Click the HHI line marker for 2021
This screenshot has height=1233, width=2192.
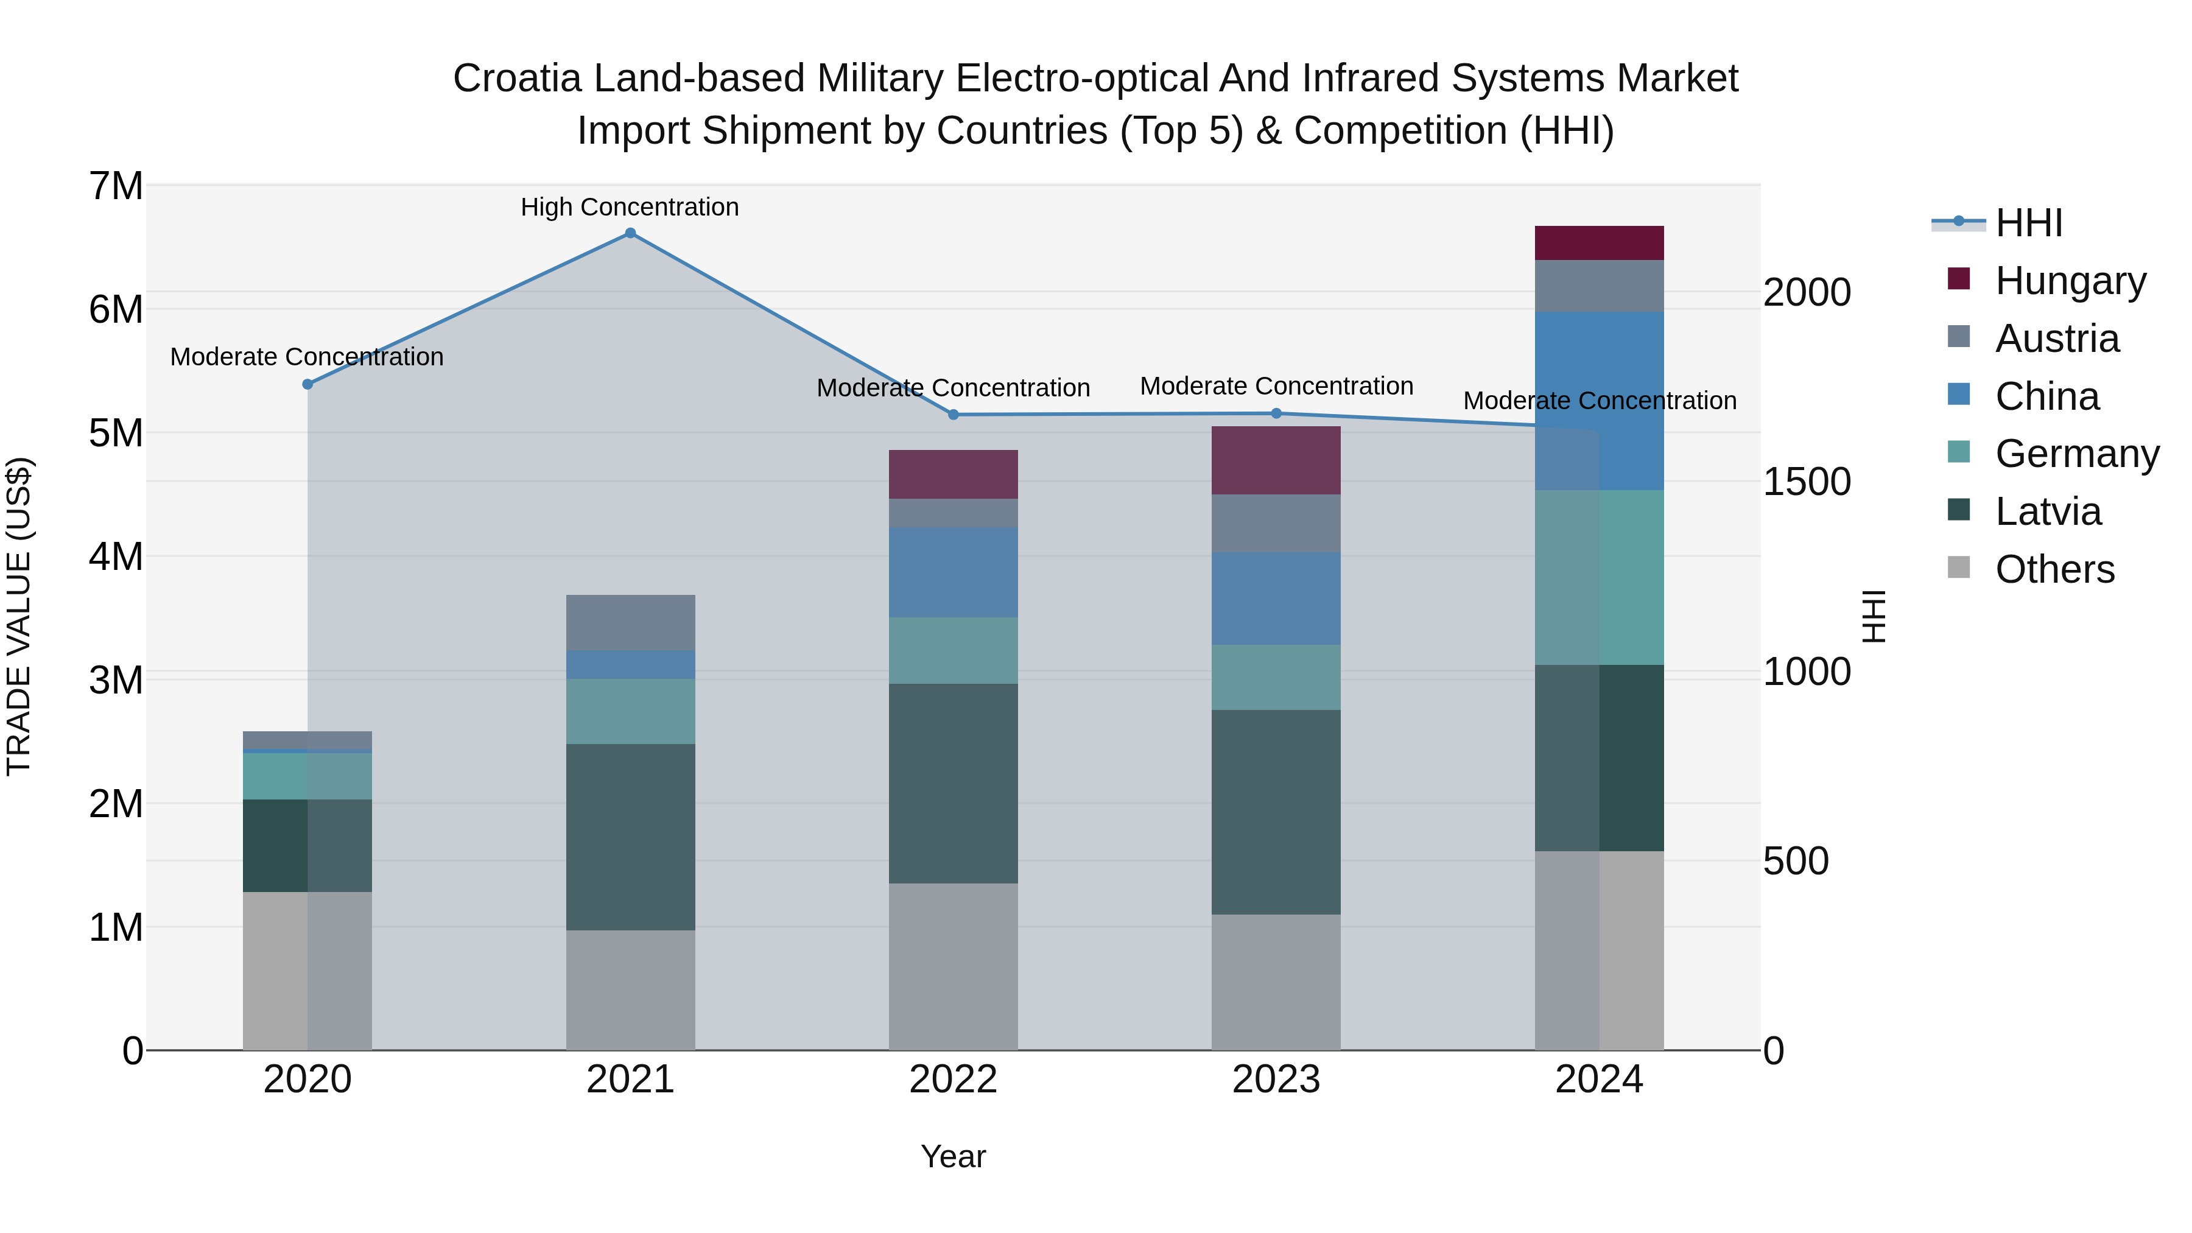point(630,233)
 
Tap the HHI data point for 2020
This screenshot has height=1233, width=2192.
point(308,384)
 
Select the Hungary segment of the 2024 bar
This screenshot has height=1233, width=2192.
point(1599,244)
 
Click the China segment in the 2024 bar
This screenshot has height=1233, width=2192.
point(1599,400)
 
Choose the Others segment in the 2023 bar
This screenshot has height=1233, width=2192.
point(1276,982)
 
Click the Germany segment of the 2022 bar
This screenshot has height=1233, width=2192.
point(953,650)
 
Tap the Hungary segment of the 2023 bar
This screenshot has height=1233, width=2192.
point(1276,460)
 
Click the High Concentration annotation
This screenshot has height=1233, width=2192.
point(630,207)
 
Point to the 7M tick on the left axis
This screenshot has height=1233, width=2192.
point(116,186)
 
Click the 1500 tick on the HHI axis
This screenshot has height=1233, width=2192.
point(1806,482)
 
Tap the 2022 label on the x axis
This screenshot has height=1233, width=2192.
point(953,1080)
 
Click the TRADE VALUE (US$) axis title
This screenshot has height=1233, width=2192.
point(19,616)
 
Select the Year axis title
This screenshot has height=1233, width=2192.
point(953,1156)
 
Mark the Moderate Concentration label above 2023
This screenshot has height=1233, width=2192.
point(1276,385)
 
